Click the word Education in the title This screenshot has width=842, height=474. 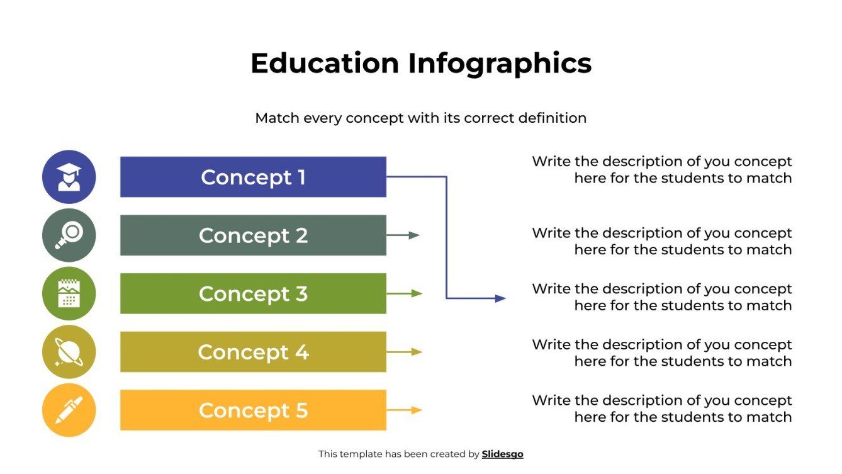(x=325, y=64)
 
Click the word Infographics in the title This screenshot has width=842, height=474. (x=500, y=64)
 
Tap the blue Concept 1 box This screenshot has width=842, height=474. (x=253, y=177)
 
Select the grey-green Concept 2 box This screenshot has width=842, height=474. (x=253, y=235)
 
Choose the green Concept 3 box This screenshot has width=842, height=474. (x=253, y=293)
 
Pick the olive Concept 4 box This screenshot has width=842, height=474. (x=253, y=352)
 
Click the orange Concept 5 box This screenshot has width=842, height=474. (x=253, y=410)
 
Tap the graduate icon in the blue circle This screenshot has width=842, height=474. (x=69, y=177)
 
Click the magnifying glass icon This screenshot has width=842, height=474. (x=69, y=235)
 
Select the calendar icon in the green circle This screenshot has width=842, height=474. (x=69, y=293)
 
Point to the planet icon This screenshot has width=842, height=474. (x=69, y=352)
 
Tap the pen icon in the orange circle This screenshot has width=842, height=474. (x=69, y=410)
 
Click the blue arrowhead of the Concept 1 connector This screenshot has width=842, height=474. (x=500, y=298)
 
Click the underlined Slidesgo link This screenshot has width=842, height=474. (x=502, y=454)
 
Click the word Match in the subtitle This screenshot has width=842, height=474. (x=276, y=118)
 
